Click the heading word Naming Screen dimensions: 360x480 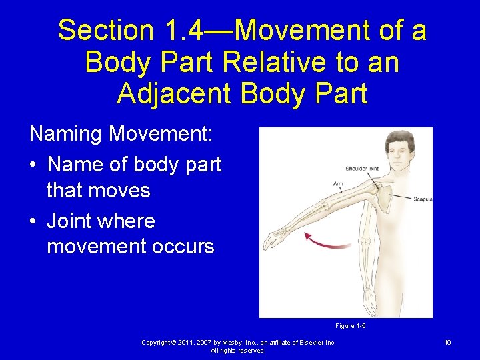pos(66,134)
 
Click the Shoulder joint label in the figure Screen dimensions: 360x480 pos(362,169)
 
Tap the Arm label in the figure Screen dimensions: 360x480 pos(339,183)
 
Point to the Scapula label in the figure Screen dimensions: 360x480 pos(423,199)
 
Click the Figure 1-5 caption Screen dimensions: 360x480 pos(350,326)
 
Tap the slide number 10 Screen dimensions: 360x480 pos(448,343)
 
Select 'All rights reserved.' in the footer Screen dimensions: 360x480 pos(238,351)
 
